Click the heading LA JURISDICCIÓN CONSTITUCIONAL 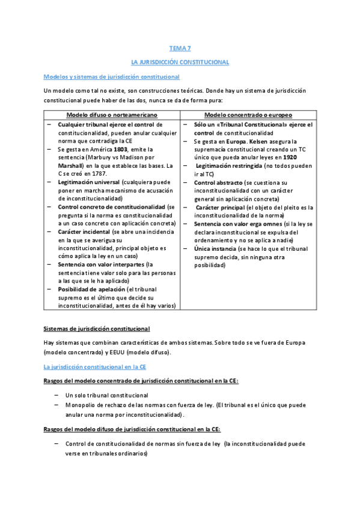(180, 62)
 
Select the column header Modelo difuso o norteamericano (112, 114)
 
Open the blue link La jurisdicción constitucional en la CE (95, 366)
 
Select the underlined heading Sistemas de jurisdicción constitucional (97, 328)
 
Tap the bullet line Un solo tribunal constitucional (107, 395)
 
